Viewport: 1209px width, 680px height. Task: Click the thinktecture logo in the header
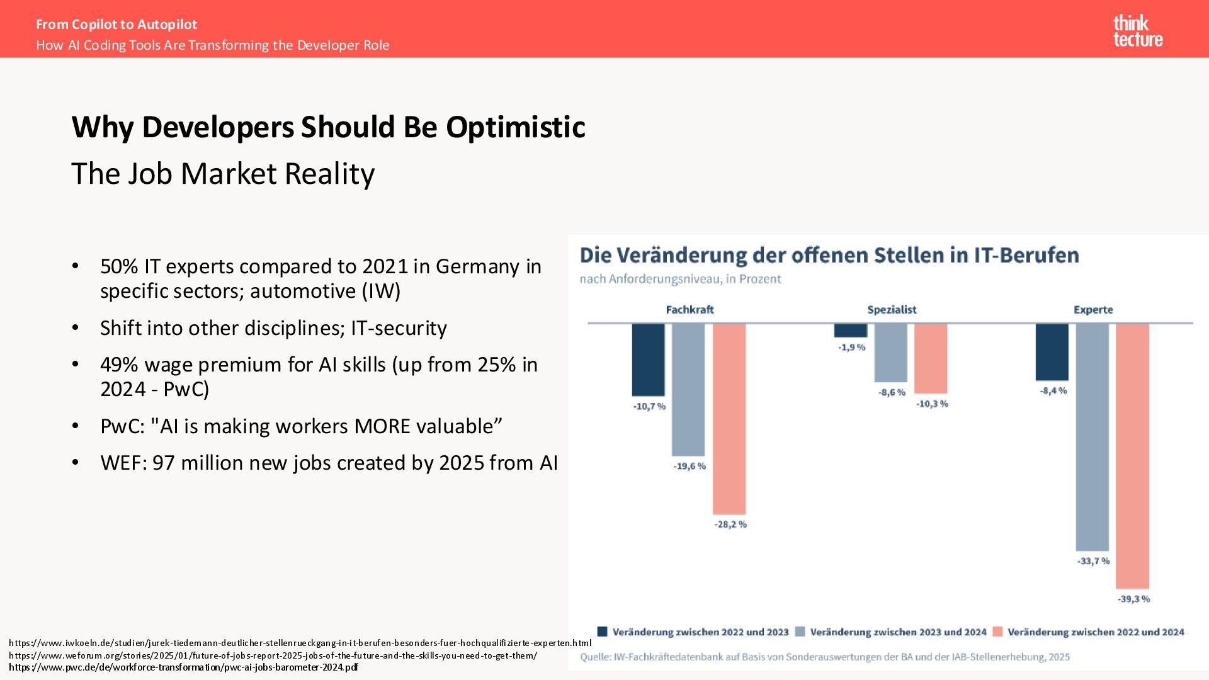(1138, 31)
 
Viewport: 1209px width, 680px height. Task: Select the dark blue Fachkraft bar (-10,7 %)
(649, 360)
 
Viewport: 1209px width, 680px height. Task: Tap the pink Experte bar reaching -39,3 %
(1132, 456)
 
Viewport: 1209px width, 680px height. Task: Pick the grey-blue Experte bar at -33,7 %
(1093, 437)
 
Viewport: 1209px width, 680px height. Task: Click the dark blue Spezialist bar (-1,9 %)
(851, 331)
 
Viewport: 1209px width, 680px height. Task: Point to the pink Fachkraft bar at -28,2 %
(729, 419)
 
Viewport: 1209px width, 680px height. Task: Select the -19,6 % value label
(690, 467)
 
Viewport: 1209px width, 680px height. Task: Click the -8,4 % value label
(1053, 391)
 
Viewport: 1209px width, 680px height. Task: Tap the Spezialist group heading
(892, 310)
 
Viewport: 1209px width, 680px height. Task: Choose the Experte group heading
(1093, 310)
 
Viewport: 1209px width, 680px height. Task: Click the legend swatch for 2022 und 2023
(603, 632)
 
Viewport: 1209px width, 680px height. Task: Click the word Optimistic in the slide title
(516, 127)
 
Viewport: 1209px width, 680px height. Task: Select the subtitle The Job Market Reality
(223, 174)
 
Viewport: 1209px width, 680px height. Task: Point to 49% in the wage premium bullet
(119, 365)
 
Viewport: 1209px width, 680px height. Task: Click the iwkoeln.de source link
(300, 643)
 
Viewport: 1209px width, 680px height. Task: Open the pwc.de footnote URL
(183, 667)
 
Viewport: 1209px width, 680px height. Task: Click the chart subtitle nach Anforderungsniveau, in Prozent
(680, 279)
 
